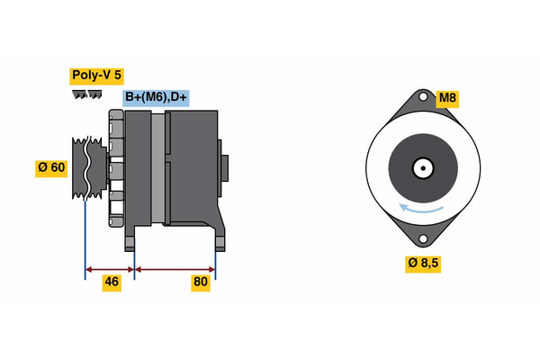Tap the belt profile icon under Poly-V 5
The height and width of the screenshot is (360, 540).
tap(85, 94)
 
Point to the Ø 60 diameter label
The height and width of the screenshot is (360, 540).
tap(52, 167)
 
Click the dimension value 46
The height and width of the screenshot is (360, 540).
tap(112, 282)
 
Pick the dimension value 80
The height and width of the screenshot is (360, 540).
tap(201, 282)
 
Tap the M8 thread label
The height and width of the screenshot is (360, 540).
tap(447, 97)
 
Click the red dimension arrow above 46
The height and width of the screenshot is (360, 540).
tap(110, 268)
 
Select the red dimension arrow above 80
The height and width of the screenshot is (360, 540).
tap(175, 268)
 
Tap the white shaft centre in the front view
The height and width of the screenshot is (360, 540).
tap(421, 168)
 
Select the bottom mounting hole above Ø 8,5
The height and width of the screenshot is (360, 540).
tap(421, 238)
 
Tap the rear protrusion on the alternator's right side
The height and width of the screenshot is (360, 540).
tap(225, 168)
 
